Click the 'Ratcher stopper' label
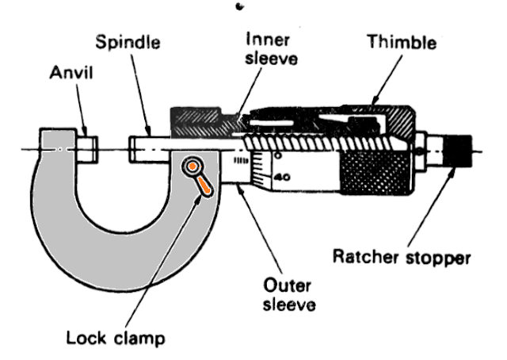(402, 257)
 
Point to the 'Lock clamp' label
(116, 339)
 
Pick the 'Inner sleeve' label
(270, 49)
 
